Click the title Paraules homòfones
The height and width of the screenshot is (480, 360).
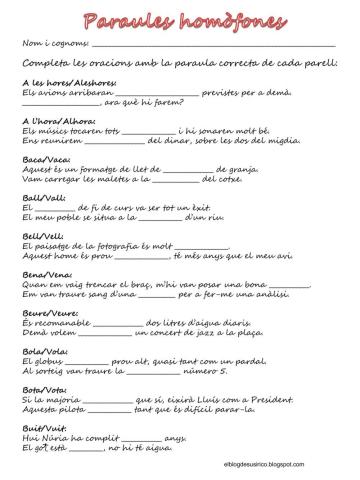[181, 19]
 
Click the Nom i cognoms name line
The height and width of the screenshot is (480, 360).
[214, 46]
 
